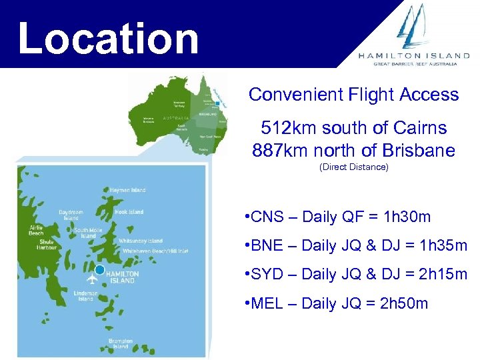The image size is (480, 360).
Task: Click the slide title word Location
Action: point(109,38)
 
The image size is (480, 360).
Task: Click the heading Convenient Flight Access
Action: point(353,95)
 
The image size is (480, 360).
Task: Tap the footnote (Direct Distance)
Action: point(353,167)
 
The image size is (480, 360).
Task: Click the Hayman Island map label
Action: point(127,190)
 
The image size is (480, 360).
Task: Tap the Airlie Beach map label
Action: point(36,230)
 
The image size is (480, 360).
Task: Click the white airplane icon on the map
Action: point(92,278)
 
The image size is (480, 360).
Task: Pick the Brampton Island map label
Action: point(120,344)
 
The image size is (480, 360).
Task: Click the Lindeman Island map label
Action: point(86,296)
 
